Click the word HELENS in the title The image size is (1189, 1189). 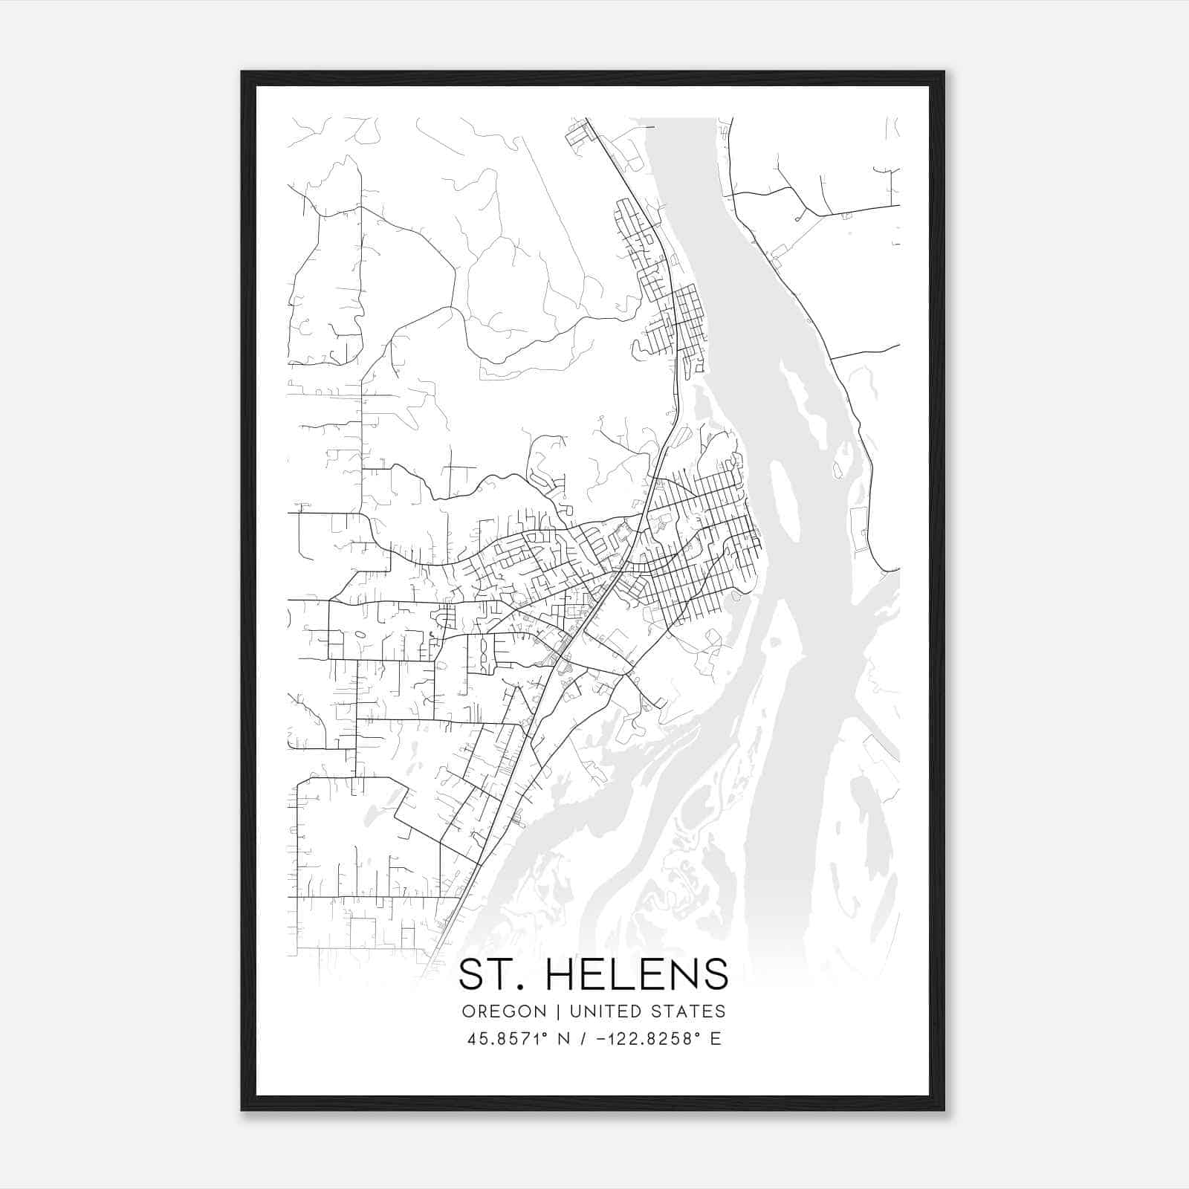(637, 974)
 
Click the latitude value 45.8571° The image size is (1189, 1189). (506, 1039)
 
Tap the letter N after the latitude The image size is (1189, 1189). (563, 1039)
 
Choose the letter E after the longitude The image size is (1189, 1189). (716, 1039)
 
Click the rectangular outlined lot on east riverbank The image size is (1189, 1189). (858, 529)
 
